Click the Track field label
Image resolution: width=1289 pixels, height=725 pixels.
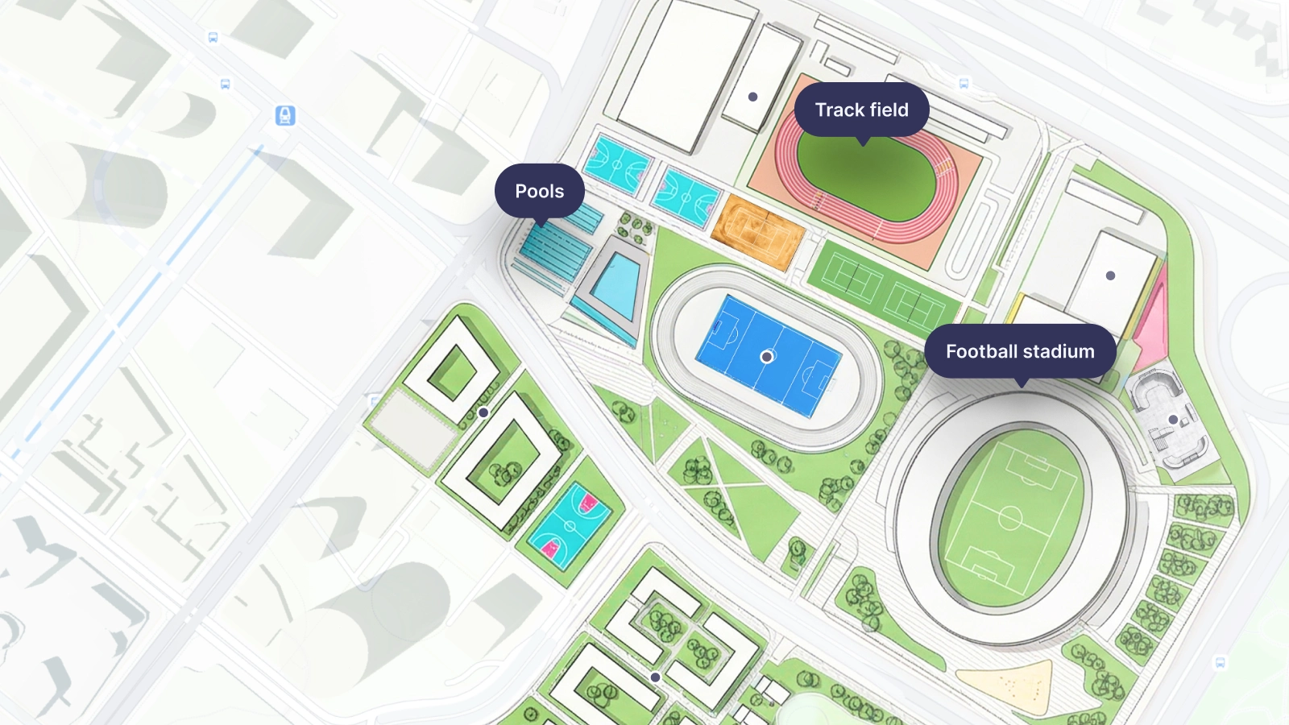[x=861, y=110]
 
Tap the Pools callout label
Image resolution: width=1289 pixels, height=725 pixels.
[x=539, y=191]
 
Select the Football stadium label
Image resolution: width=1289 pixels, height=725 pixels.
[x=1020, y=351]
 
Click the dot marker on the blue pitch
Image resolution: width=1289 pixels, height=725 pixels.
[x=767, y=356]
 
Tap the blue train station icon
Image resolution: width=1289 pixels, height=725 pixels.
[x=285, y=116]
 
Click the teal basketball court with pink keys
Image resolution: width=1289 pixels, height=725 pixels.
[x=570, y=526]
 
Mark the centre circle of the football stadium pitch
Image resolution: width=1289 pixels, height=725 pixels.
[x=1010, y=517]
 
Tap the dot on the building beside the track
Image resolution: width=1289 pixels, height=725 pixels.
[x=752, y=97]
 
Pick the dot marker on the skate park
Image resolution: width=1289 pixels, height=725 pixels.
[x=1173, y=420]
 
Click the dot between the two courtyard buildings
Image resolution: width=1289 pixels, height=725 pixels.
[x=483, y=412]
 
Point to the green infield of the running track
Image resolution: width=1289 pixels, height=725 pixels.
[x=866, y=177]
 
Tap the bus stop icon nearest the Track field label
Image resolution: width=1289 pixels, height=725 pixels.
[x=964, y=84]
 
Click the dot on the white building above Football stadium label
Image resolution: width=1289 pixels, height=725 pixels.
[x=1110, y=275]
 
